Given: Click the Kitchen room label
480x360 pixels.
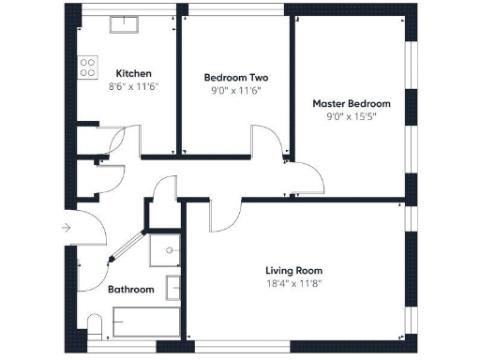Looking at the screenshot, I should click(x=133, y=73).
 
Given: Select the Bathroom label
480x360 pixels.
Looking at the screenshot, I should click(x=130, y=290).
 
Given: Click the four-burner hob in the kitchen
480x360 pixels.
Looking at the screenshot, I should click(x=88, y=67).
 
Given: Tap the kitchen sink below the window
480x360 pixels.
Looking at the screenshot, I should click(x=124, y=24).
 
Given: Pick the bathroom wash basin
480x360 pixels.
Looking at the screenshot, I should click(x=173, y=286).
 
